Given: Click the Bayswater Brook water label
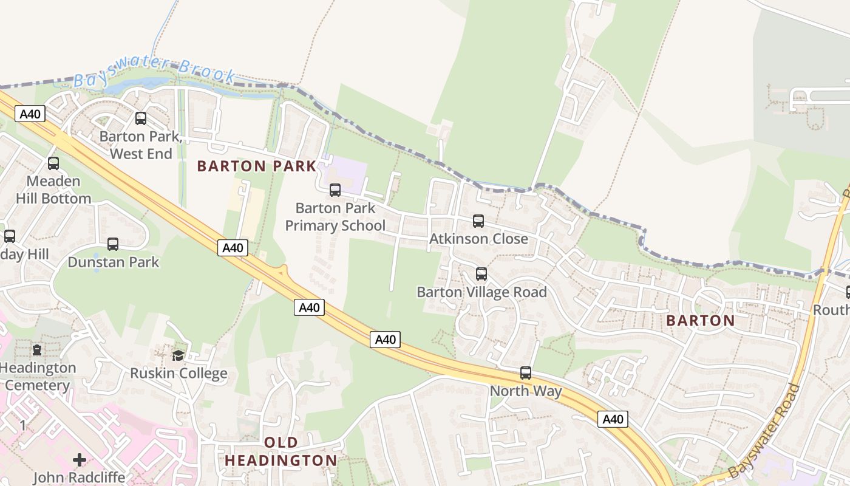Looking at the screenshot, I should click(x=155, y=73).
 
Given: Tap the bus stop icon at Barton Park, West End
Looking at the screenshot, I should click(x=141, y=118).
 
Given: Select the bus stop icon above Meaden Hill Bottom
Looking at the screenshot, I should click(x=53, y=163).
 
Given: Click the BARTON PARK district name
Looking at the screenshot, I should click(x=257, y=166).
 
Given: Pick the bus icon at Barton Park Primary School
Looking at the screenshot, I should click(x=335, y=190).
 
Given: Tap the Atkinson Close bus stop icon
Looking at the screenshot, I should click(x=478, y=221).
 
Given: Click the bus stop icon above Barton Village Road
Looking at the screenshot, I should click(x=481, y=274).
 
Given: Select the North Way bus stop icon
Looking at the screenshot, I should click(x=526, y=373).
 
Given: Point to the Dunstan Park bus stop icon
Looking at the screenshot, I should click(x=113, y=244).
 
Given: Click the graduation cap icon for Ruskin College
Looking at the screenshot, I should click(x=178, y=355).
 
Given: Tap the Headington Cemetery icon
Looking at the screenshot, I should click(x=37, y=350).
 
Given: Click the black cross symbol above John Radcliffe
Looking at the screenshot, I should click(x=80, y=459).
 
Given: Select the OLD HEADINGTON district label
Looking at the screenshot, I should click(x=280, y=451).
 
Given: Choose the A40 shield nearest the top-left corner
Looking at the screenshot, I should click(x=30, y=114).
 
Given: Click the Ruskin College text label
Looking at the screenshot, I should click(x=178, y=373).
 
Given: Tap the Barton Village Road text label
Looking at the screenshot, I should click(x=481, y=292).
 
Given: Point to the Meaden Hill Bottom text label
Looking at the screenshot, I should click(x=53, y=190).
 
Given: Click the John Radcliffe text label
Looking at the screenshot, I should click(x=79, y=477).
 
